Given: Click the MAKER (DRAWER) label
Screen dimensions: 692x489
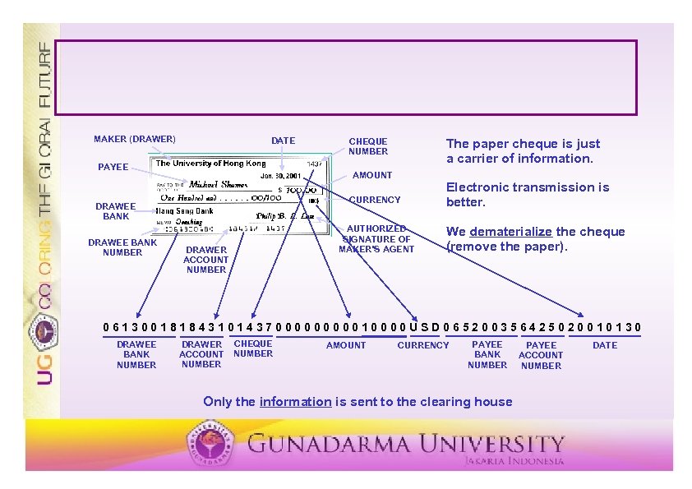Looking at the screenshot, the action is pyautogui.click(x=134, y=139).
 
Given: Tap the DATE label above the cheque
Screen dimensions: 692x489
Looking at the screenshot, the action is pyautogui.click(x=283, y=141).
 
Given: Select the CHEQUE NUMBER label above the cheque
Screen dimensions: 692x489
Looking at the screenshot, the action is pyautogui.click(x=367, y=146).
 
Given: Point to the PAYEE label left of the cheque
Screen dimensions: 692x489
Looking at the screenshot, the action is pyautogui.click(x=113, y=167).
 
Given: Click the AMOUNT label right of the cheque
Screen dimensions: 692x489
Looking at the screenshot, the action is pyautogui.click(x=372, y=175).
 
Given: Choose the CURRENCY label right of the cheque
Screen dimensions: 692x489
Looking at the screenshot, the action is pyautogui.click(x=375, y=200).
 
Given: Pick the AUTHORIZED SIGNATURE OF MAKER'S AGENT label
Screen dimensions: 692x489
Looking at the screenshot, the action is pyautogui.click(x=376, y=239).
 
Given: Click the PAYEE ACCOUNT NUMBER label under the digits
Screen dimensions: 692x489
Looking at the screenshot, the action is pyautogui.click(x=541, y=355).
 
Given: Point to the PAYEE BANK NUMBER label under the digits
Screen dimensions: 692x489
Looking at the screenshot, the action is pyautogui.click(x=487, y=354).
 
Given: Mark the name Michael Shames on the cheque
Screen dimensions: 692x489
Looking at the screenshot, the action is pyautogui.click(x=218, y=184).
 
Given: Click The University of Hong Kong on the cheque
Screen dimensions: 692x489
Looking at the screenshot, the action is pyautogui.click(x=211, y=164).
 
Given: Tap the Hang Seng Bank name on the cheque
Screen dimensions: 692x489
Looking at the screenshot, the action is pyautogui.click(x=185, y=211).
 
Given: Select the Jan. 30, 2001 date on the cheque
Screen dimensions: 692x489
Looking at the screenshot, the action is pyautogui.click(x=280, y=176).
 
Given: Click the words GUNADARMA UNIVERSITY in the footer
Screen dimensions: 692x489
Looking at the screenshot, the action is pyautogui.click(x=406, y=445).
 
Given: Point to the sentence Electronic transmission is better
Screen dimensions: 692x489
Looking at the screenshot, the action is pyautogui.click(x=527, y=194).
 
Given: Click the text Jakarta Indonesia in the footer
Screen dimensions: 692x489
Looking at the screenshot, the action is pyautogui.click(x=514, y=461).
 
